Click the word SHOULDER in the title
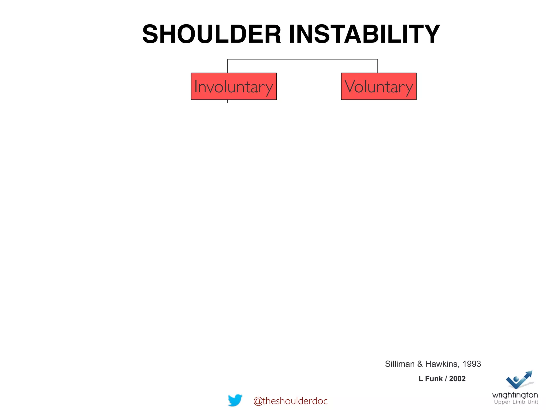(x=212, y=34)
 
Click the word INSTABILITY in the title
(x=364, y=34)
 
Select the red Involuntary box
(x=234, y=86)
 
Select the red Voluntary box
(x=379, y=86)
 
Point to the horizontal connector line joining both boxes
(x=302, y=59)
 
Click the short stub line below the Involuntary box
(x=227, y=101)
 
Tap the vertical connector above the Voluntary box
(x=378, y=66)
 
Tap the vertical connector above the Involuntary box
(x=227, y=66)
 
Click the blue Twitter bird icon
(x=235, y=400)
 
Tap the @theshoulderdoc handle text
(x=290, y=401)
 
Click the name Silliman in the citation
(x=400, y=364)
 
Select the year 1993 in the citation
(x=472, y=364)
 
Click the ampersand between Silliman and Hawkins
(x=420, y=364)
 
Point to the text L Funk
(x=430, y=379)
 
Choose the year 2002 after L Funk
(x=457, y=379)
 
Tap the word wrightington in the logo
(x=515, y=395)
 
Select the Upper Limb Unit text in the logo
(x=516, y=402)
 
